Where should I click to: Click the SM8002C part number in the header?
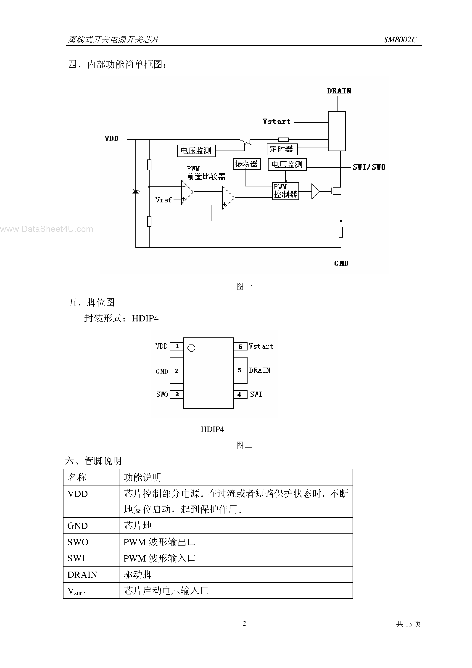click(x=400, y=40)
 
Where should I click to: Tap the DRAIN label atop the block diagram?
click(x=339, y=91)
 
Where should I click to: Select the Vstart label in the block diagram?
click(x=276, y=122)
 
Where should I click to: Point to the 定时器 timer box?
click(x=282, y=149)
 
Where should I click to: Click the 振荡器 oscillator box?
click(x=247, y=164)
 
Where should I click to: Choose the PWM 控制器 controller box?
click(x=285, y=191)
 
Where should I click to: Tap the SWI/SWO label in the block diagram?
click(x=369, y=167)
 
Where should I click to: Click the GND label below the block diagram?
click(x=341, y=264)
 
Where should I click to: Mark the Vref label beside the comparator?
click(x=163, y=200)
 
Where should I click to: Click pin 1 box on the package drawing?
click(x=177, y=346)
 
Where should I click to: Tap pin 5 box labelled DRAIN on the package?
click(x=240, y=370)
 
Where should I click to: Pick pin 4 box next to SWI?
click(x=240, y=395)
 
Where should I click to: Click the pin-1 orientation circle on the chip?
click(x=191, y=348)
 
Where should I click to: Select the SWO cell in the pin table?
click(x=78, y=542)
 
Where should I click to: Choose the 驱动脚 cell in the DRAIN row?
click(x=138, y=575)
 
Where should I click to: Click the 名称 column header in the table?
click(x=77, y=477)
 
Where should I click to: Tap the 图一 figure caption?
click(x=244, y=286)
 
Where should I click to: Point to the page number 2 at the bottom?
click(x=244, y=623)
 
